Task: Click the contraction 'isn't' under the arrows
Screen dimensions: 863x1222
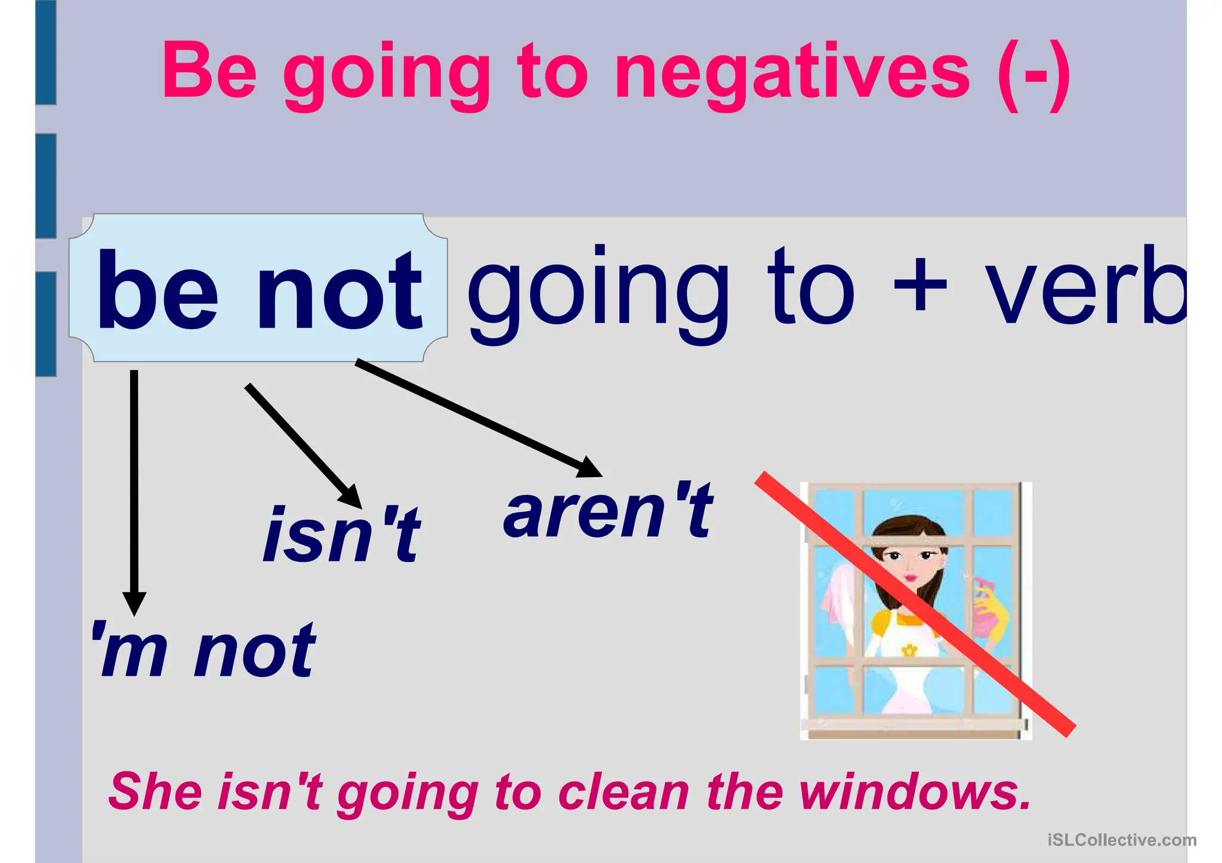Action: pos(341,534)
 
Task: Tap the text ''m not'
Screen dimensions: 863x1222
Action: pos(203,650)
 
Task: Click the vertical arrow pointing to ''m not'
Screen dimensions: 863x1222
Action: pos(134,489)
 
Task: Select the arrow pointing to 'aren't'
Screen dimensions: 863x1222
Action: pos(477,417)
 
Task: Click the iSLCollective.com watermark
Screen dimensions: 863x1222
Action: pos(1122,840)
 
